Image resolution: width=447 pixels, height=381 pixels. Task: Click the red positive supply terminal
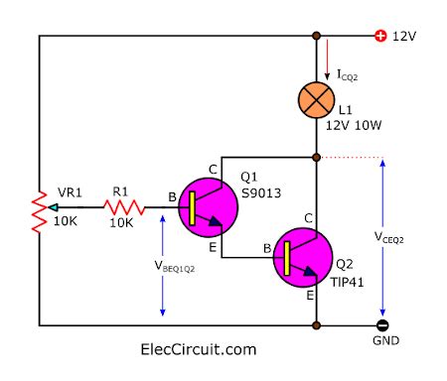pyautogui.click(x=379, y=37)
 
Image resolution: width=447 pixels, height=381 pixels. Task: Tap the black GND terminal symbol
pyautogui.click(x=381, y=324)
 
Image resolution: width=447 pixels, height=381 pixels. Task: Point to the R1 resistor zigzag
pyautogui.click(x=125, y=208)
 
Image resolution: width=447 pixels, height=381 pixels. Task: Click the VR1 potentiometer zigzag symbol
pyautogui.click(x=40, y=209)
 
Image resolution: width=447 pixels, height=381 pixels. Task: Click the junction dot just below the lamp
pyautogui.click(x=317, y=157)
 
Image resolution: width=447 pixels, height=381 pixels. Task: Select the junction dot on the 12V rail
pyautogui.click(x=317, y=37)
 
